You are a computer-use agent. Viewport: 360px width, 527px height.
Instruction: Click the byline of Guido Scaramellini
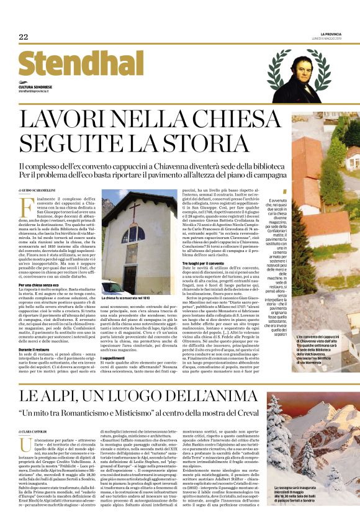37,189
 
